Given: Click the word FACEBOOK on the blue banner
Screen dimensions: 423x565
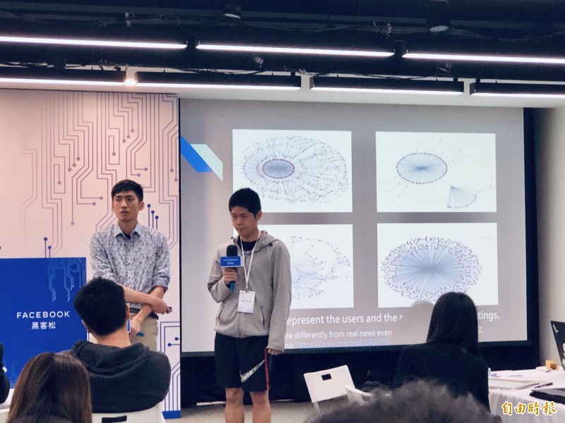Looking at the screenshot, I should click(x=43, y=314).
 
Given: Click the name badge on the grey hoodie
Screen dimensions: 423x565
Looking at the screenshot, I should click(x=246, y=301).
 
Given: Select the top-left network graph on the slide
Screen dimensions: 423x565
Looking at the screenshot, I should click(x=292, y=170).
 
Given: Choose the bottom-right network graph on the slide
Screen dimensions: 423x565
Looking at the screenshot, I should click(x=436, y=265).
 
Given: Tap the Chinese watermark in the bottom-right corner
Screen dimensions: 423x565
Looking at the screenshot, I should click(x=528, y=408).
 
